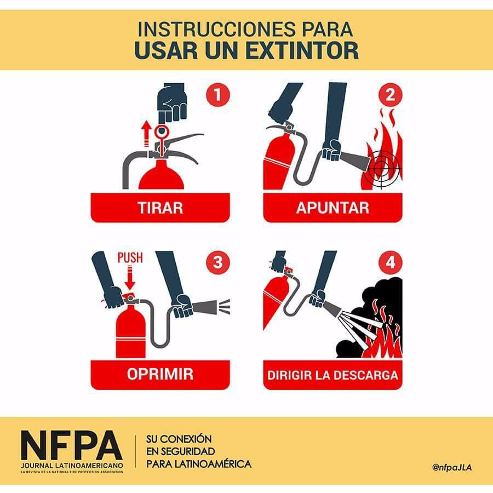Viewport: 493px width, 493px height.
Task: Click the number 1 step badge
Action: [x=218, y=95]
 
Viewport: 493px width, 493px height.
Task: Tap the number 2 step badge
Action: [x=390, y=95]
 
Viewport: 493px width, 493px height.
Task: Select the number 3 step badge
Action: [x=218, y=262]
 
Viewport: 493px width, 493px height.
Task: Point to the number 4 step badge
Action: [x=390, y=262]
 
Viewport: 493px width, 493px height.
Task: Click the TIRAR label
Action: [x=160, y=208]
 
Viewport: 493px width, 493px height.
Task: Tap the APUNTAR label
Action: [x=333, y=208]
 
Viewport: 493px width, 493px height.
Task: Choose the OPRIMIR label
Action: [x=160, y=374]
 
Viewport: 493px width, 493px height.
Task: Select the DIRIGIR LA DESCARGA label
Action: [x=333, y=375]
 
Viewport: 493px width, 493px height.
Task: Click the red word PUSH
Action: [x=130, y=257]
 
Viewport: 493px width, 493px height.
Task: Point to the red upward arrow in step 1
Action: [x=146, y=134]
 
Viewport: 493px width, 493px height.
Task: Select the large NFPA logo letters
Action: [x=72, y=445]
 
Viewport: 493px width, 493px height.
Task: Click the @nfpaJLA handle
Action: [x=452, y=467]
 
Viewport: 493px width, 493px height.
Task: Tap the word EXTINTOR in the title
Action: [x=302, y=50]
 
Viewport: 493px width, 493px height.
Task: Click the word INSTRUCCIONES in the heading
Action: [x=216, y=29]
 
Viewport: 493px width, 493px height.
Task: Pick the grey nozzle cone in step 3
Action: [x=205, y=307]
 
